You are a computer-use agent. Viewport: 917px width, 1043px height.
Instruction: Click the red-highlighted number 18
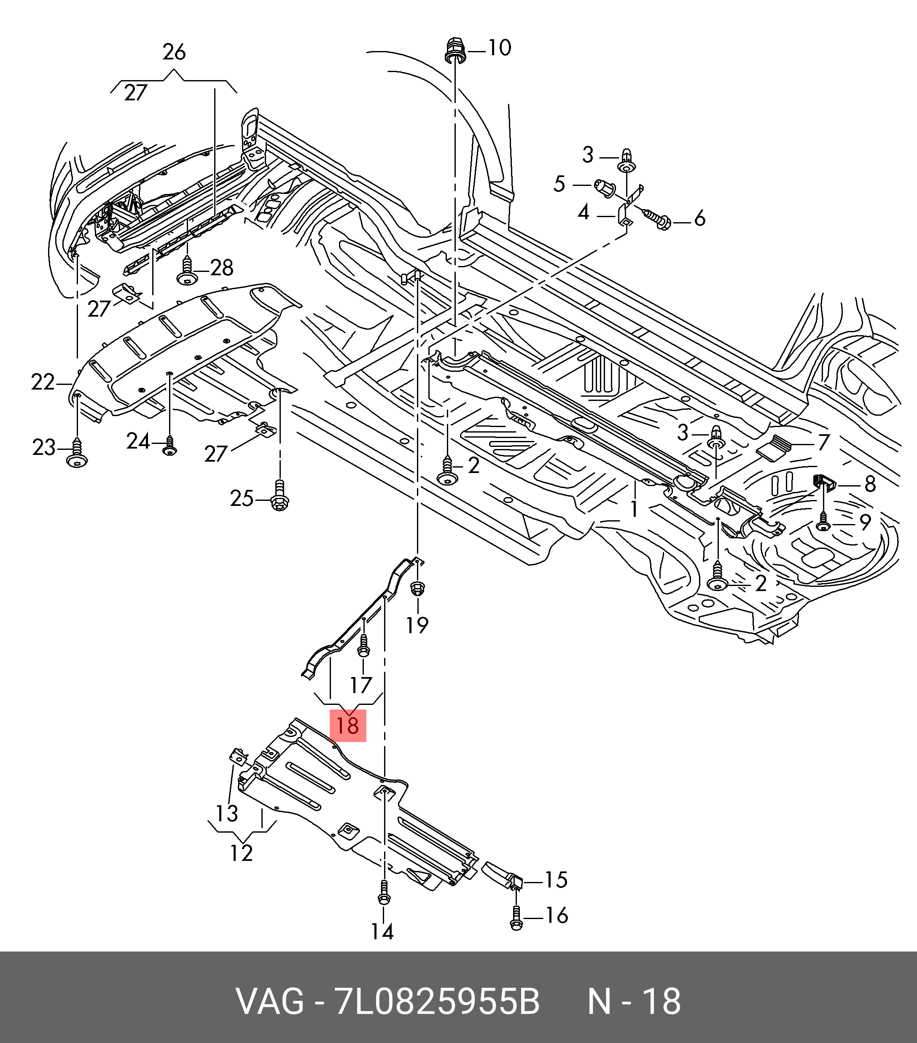coord(348,725)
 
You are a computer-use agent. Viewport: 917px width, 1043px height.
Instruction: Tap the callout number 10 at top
coord(500,48)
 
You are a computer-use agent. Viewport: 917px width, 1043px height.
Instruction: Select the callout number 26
coord(174,53)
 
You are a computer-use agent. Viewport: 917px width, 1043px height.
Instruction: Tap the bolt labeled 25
coord(279,495)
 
